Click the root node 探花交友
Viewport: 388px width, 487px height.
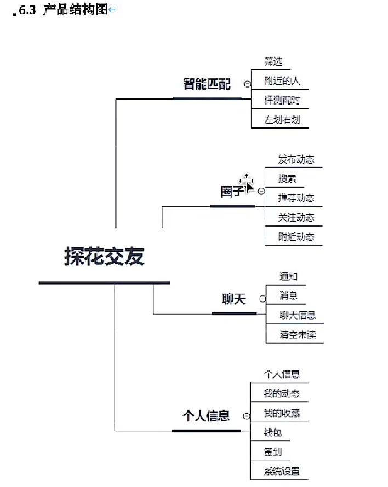coord(104,256)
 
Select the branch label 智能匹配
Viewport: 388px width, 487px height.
coord(207,84)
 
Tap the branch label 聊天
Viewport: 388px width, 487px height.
coord(234,299)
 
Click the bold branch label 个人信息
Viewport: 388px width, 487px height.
coord(206,416)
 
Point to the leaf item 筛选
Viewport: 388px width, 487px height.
coord(274,61)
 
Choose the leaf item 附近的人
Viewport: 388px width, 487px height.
coord(282,80)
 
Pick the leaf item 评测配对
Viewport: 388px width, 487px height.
coord(282,100)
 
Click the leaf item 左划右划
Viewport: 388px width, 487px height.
coord(282,119)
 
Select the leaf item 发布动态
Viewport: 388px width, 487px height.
coord(296,159)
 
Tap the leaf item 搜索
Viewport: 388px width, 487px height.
coord(288,178)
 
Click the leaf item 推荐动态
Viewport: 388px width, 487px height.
coord(296,198)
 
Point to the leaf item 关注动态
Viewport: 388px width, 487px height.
coord(296,217)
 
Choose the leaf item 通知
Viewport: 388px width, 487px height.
coord(288,276)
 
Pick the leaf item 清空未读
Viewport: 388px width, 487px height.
coord(298,334)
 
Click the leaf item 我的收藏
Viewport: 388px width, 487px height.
coord(282,413)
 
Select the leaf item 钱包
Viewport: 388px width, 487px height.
coord(273,432)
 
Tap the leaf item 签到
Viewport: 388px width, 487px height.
coord(273,451)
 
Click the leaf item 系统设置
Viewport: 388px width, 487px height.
coord(282,471)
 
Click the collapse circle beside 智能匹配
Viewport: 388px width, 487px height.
coord(247,84)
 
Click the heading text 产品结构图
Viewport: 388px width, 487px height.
coord(75,9)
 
